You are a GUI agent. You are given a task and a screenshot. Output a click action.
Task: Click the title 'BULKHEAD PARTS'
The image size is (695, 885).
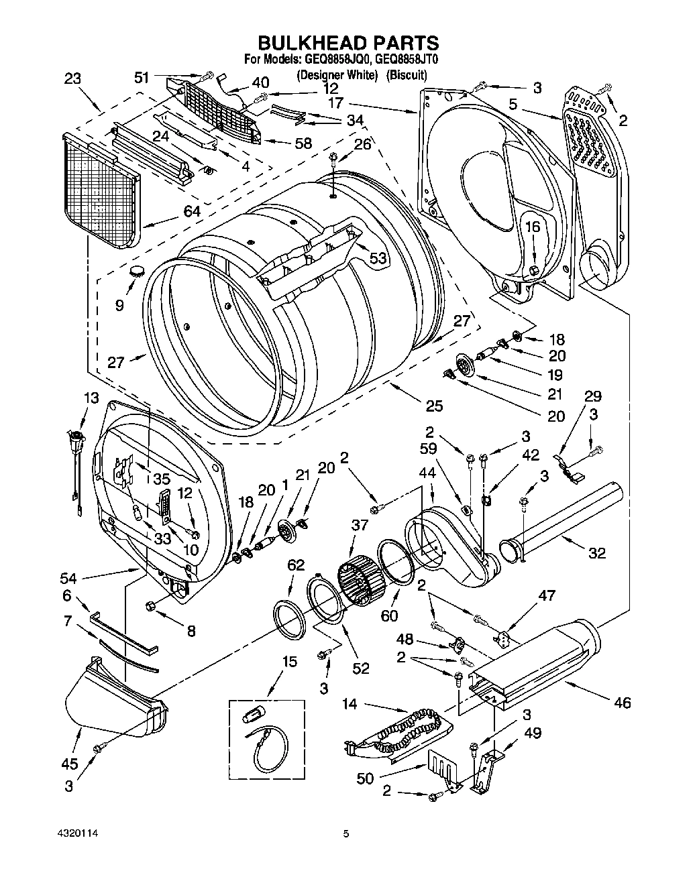pyautogui.click(x=348, y=43)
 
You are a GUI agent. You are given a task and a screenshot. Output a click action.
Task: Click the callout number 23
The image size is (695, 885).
pyautogui.click(x=72, y=78)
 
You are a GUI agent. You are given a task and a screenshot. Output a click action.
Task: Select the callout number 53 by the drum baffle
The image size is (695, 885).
pyautogui.click(x=378, y=258)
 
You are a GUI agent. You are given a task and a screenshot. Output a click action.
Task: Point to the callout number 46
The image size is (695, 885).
pyautogui.click(x=623, y=703)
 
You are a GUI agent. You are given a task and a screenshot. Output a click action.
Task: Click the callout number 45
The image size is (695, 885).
pyautogui.click(x=69, y=763)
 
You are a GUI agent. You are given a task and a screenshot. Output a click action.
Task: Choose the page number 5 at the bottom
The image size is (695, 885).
pyautogui.click(x=346, y=834)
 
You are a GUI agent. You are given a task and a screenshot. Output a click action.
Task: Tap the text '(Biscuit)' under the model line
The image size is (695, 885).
pyautogui.click(x=407, y=76)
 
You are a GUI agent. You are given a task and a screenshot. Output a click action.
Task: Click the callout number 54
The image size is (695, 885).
pyautogui.click(x=68, y=578)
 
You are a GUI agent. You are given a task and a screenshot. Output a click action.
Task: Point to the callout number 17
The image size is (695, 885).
pyautogui.click(x=336, y=103)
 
